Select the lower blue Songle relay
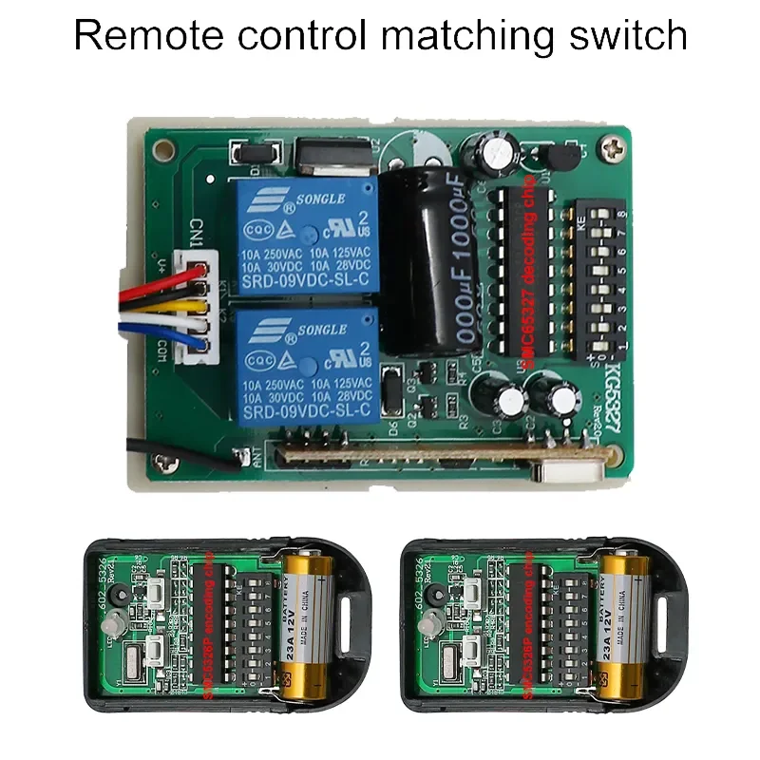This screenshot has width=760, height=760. click(307, 366)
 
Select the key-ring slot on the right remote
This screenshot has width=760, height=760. click(671, 621)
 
